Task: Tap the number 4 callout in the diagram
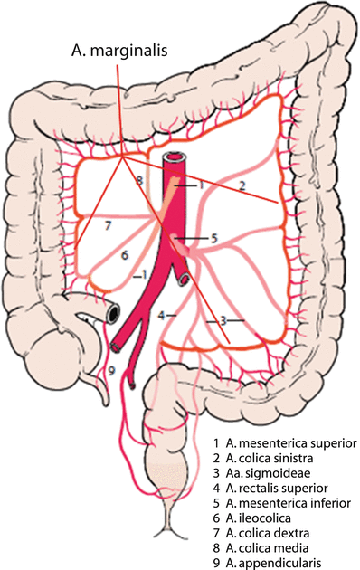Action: (x=160, y=315)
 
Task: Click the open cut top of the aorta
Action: (x=174, y=159)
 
